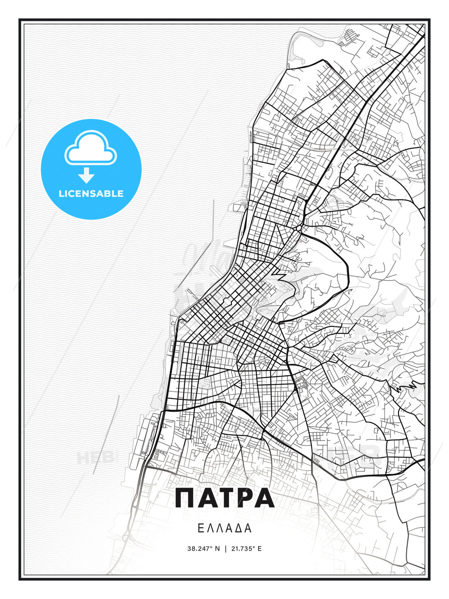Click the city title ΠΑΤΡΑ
tap(224, 498)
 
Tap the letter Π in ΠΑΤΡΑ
tap(185, 498)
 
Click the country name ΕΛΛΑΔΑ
tap(224, 528)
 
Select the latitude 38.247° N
tap(203, 549)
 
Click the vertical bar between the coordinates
tap(225, 549)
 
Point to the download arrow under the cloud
tap(86, 176)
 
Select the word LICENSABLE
tap(91, 193)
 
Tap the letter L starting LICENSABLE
tap(61, 193)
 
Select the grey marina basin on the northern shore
tap(308, 42)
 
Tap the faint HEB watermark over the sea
tap(95, 458)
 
